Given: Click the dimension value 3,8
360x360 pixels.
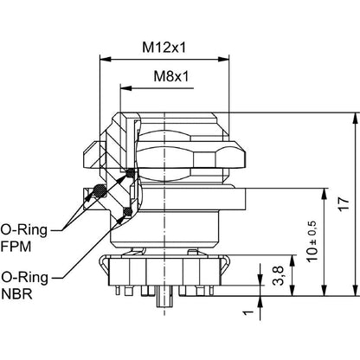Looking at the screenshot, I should point(278,276).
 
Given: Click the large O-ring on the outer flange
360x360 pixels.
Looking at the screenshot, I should point(101,193).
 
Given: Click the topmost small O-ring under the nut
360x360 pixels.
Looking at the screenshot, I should point(131,174).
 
